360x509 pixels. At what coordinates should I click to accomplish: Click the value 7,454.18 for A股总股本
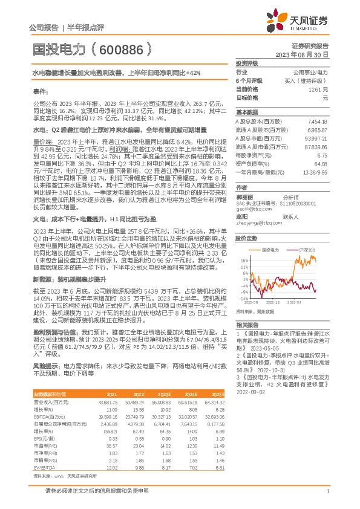click(317, 122)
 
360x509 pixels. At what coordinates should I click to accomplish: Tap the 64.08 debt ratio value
click(321, 164)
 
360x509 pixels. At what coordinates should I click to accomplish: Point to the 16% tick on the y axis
click(243, 261)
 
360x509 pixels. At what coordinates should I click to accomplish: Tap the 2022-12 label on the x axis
click(273, 302)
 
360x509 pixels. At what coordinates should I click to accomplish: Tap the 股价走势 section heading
click(246, 238)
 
